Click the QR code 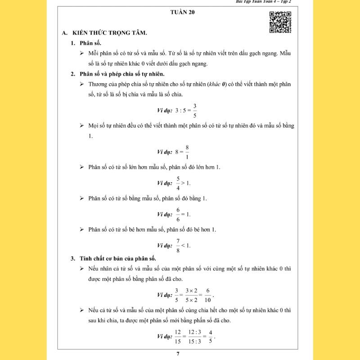coord(280,22)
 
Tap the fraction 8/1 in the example coord(187,152)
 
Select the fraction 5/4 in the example coord(178,183)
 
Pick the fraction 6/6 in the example coord(178,214)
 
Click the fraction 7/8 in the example coord(178,245)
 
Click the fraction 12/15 coord(179,337)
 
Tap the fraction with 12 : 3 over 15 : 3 coord(195,337)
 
